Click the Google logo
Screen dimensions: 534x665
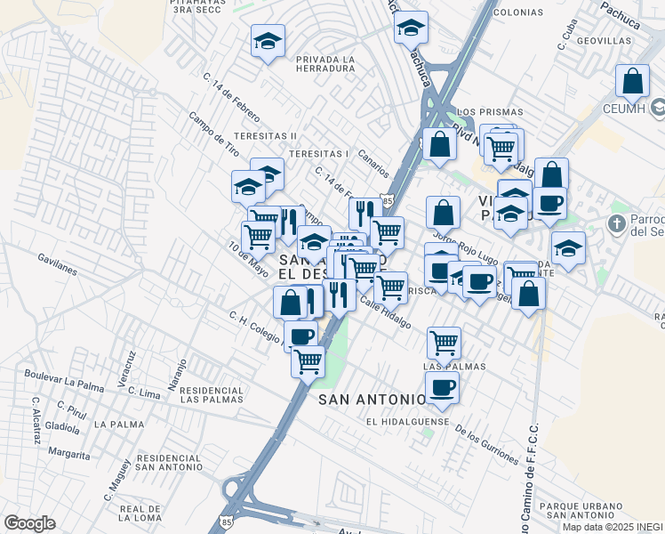click(x=29, y=523)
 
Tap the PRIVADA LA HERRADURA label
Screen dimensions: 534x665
click(x=325, y=64)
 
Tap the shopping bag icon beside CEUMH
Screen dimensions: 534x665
click(x=632, y=81)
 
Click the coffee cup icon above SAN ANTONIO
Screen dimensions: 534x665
click(x=442, y=387)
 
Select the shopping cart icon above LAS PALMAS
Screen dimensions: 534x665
click(x=444, y=342)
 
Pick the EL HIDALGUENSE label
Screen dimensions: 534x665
click(x=404, y=422)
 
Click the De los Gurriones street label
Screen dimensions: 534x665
click(x=486, y=443)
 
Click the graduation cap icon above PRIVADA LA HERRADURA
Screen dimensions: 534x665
click(x=268, y=41)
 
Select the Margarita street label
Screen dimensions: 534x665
click(x=69, y=454)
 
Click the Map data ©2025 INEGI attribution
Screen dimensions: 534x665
click(x=613, y=527)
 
